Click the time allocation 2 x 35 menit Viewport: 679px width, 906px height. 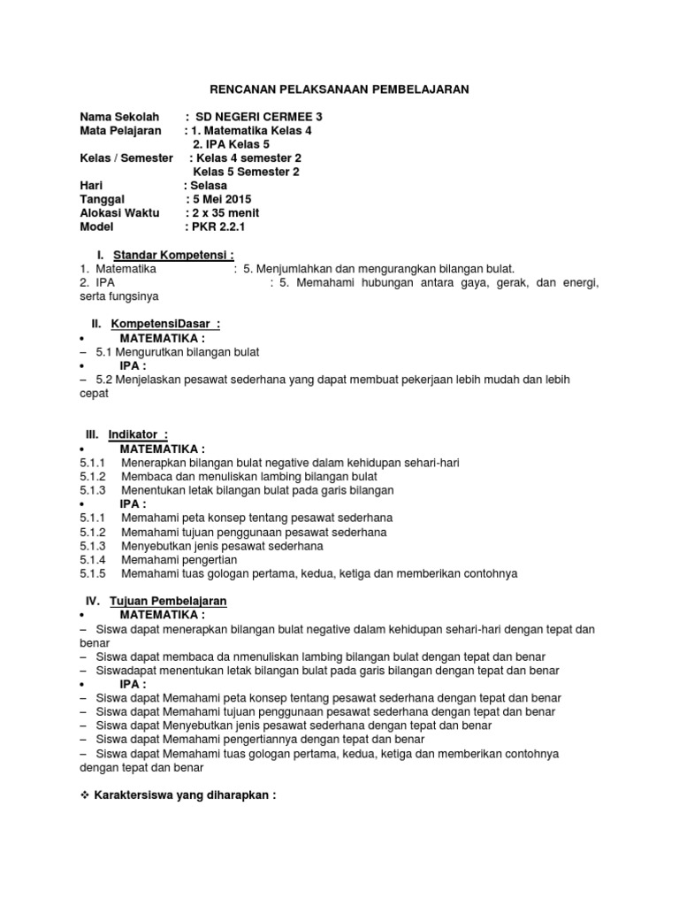(225, 213)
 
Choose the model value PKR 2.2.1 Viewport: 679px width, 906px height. (217, 227)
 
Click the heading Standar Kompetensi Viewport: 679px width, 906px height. (172, 255)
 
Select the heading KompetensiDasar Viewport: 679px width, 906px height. (164, 324)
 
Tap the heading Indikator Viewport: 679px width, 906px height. (137, 434)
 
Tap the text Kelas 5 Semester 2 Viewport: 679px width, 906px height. (246, 172)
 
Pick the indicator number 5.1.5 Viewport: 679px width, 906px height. (92, 573)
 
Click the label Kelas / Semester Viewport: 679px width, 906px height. (126, 158)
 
